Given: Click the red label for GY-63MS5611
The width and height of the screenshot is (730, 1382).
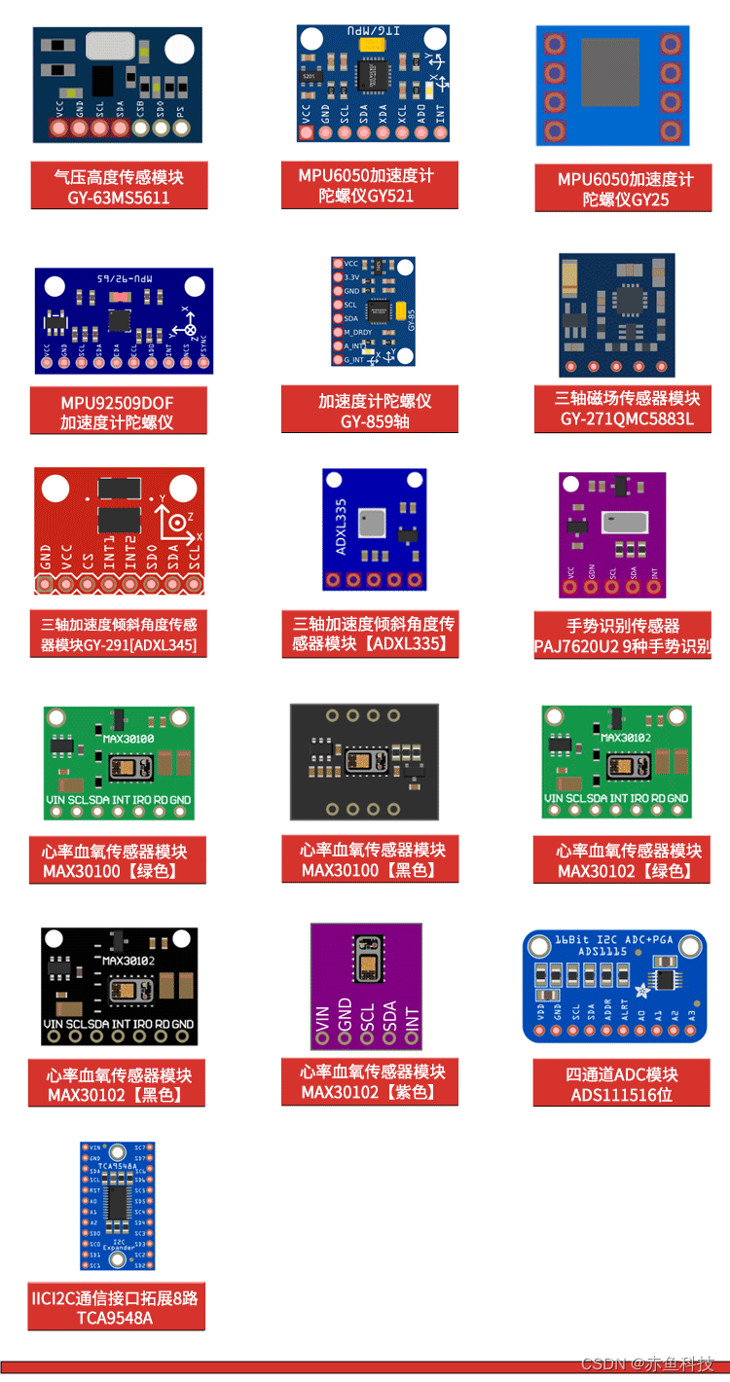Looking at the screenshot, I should (119, 186).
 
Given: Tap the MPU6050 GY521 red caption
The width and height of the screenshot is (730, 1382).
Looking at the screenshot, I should (369, 185).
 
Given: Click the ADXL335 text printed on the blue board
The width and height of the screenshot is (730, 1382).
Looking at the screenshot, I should (342, 527).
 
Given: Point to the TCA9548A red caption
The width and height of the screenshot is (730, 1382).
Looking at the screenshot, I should (116, 1307).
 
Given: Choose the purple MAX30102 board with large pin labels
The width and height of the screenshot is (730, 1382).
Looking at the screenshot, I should (367, 986).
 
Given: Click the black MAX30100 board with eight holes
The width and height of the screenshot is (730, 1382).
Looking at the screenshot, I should (364, 762).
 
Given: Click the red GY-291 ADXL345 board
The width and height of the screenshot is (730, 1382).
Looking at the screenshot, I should (119, 530).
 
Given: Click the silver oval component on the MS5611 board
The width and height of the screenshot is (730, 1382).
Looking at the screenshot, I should (115, 45).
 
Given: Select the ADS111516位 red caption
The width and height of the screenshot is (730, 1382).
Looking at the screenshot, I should (621, 1084).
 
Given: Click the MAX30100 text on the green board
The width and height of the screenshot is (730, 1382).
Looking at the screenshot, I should (128, 739).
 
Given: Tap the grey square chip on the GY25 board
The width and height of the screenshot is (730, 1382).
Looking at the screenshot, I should (610, 72).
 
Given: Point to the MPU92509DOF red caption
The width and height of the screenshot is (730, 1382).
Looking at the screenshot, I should (117, 412).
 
